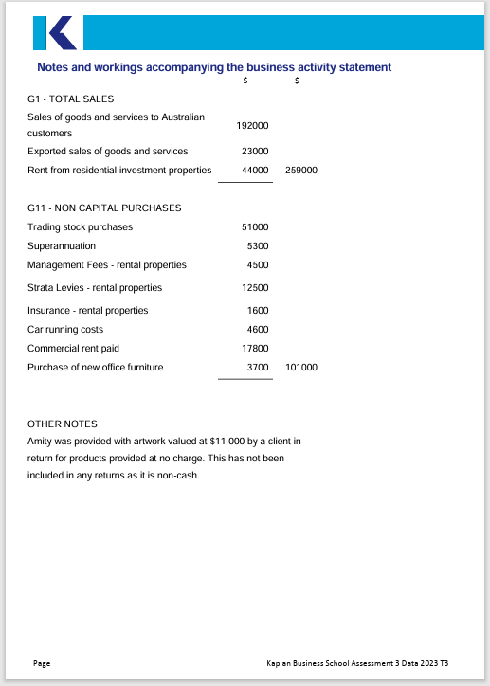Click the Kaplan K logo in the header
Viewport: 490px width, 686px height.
(54, 32)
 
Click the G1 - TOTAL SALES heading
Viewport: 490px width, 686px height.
(71, 99)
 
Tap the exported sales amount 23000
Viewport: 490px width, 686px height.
(255, 151)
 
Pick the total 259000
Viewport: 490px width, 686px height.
(300, 171)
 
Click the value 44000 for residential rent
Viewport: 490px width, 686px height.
(255, 171)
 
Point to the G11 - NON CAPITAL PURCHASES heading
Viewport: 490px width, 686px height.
(104, 208)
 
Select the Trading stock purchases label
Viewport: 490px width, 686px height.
(81, 226)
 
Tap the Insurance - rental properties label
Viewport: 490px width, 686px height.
(88, 310)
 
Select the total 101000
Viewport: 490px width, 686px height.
(300, 367)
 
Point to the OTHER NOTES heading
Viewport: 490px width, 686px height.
(63, 424)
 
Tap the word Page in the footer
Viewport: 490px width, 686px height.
(42, 663)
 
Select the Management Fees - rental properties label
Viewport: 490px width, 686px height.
(107, 264)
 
